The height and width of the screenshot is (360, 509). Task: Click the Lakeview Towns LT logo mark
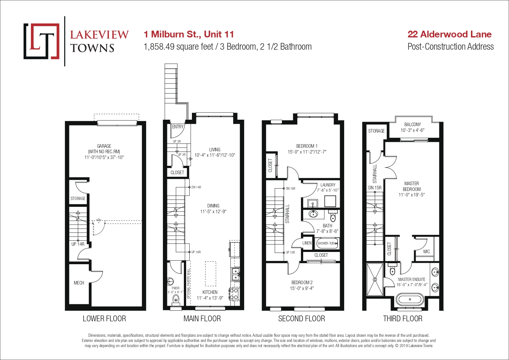(41, 41)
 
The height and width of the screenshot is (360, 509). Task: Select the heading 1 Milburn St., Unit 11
(189, 34)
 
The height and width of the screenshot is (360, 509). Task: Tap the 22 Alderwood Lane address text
(449, 34)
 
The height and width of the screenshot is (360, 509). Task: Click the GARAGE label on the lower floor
(104, 146)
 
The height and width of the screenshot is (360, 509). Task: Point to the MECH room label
(79, 283)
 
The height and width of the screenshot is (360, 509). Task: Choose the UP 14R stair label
(78, 244)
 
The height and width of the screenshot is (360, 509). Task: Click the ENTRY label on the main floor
(177, 127)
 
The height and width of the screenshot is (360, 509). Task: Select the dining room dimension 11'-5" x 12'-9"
(213, 212)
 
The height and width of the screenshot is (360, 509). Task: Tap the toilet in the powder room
(176, 300)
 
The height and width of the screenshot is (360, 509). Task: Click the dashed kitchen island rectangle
(211, 274)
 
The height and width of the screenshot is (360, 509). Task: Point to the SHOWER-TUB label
(325, 243)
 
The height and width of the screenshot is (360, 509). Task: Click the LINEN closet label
(307, 243)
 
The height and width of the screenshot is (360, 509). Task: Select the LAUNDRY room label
(328, 185)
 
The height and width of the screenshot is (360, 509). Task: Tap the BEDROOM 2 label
(302, 283)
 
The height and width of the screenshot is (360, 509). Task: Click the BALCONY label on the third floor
(413, 125)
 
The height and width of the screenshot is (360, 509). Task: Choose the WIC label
(426, 252)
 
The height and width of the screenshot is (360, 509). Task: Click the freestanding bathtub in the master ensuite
(410, 299)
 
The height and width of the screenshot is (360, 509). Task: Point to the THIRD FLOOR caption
(403, 319)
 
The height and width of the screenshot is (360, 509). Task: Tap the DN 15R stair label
(375, 188)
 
